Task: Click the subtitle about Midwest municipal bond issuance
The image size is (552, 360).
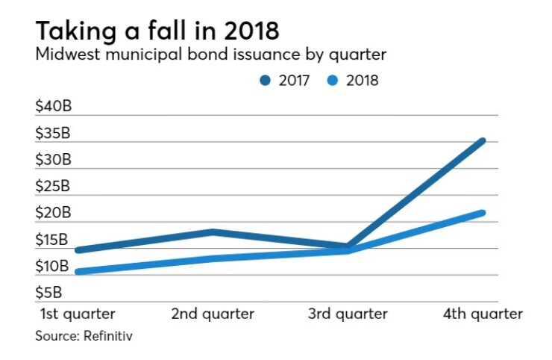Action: (x=211, y=55)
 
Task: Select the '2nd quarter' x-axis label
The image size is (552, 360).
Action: (x=213, y=314)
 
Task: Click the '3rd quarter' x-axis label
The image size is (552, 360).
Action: (x=348, y=314)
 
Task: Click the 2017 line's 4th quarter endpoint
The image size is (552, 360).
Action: (x=483, y=140)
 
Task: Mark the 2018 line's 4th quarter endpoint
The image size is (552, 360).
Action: (x=483, y=213)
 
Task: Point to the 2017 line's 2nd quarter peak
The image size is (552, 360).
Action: (x=213, y=232)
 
